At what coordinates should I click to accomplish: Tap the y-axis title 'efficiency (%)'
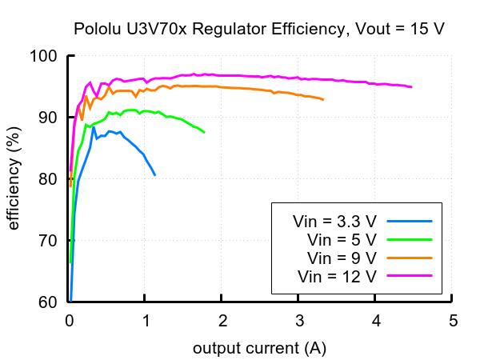click(14, 179)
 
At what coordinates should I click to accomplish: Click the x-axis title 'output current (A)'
click(259, 349)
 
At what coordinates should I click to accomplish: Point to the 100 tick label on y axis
click(45, 56)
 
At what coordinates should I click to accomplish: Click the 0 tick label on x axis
click(70, 322)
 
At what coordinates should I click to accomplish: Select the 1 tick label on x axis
click(146, 322)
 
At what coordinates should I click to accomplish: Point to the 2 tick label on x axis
click(223, 322)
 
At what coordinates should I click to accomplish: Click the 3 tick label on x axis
click(300, 322)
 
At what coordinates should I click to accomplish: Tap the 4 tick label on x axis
click(377, 322)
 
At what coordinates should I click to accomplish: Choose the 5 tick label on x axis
click(454, 322)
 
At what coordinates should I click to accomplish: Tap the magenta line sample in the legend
click(409, 275)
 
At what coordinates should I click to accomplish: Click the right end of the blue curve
click(155, 174)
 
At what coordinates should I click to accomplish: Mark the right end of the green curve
click(204, 132)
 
